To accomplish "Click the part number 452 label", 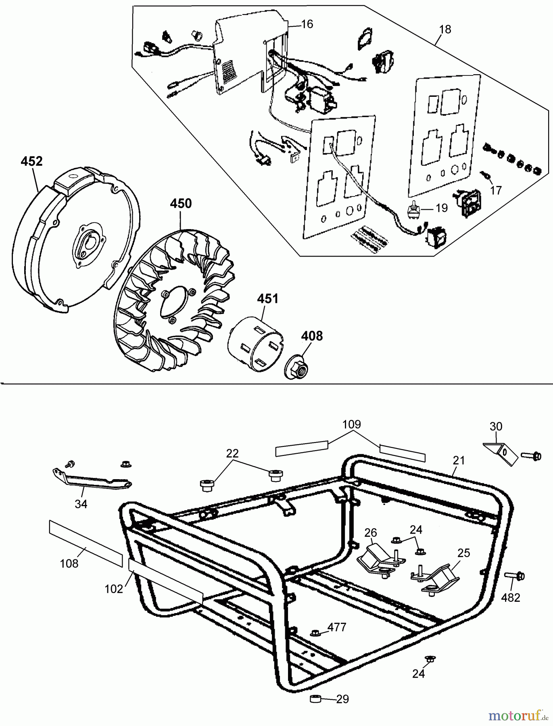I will tap(31, 161).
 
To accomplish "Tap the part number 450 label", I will tap(181, 204).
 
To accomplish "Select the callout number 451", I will tap(268, 299).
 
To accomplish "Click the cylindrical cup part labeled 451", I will tap(255, 339).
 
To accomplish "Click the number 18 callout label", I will tap(446, 29).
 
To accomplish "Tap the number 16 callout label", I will tap(307, 24).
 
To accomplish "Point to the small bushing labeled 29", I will tap(316, 699).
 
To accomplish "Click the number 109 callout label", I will tap(352, 424).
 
